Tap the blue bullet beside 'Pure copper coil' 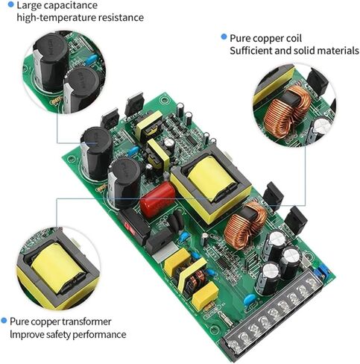pos(223,36)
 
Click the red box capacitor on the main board pos(156,199)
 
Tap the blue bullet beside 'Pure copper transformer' pos(4,321)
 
